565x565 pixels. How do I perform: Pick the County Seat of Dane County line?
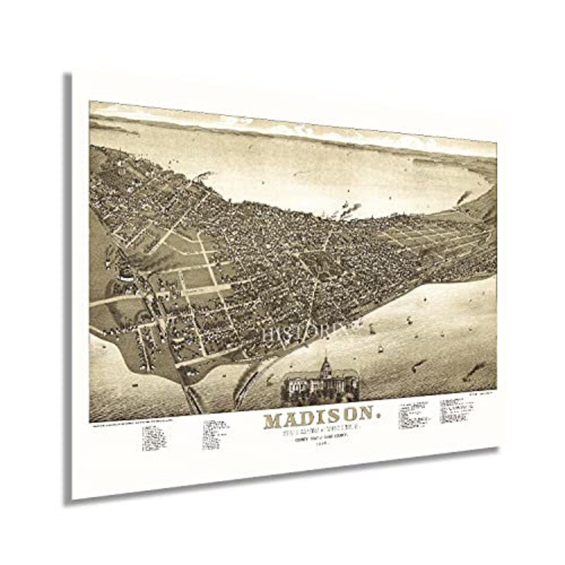318,441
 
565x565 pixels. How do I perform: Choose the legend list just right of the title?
414,416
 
